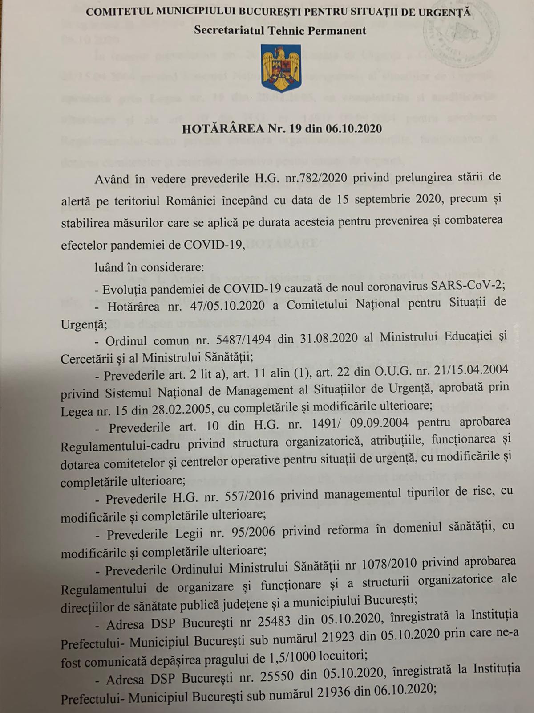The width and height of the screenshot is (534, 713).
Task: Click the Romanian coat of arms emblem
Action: point(281,68)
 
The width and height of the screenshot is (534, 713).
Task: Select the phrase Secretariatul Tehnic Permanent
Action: point(280,30)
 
